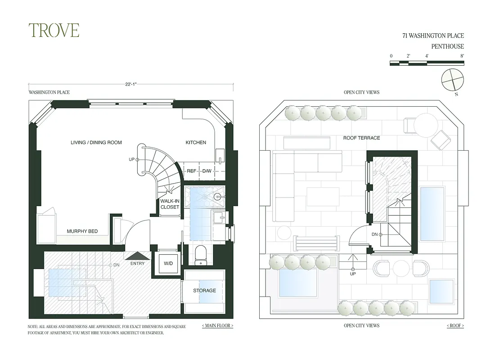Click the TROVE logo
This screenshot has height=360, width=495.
click(x=54, y=30)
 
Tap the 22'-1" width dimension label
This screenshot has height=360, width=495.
click(x=131, y=83)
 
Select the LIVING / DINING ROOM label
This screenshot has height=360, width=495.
click(x=96, y=143)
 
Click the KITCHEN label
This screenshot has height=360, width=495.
click(x=196, y=143)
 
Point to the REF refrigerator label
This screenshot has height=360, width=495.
click(x=191, y=171)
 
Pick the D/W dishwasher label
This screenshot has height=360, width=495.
click(x=207, y=171)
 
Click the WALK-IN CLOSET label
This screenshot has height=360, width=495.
click(x=170, y=204)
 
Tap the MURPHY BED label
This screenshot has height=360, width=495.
click(x=82, y=231)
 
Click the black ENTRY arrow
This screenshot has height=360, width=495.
click(x=137, y=256)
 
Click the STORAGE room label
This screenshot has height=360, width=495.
click(x=204, y=291)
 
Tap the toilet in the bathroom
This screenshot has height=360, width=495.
click(x=201, y=255)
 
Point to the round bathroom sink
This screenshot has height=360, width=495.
click(x=218, y=196)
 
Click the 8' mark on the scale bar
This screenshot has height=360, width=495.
click(x=462, y=56)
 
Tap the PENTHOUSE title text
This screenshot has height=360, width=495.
click(x=448, y=46)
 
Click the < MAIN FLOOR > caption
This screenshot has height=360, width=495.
click(x=218, y=325)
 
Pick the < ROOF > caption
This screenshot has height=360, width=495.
click(x=455, y=325)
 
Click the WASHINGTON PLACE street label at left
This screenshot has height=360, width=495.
click(x=49, y=92)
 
